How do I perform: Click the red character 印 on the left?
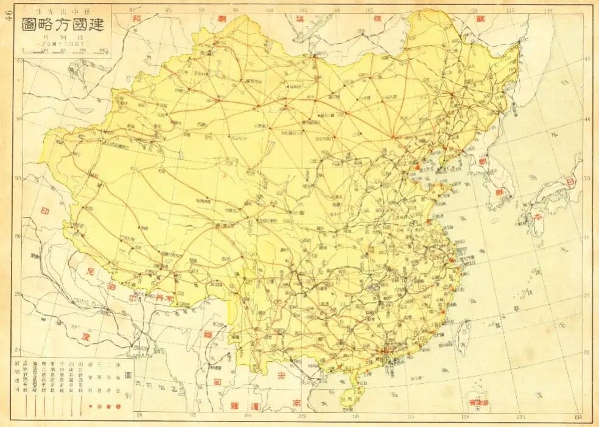coord(44,213)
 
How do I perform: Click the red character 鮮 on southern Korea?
coord(505,191)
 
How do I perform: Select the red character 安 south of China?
coord(281,376)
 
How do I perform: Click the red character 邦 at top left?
coord(137,19)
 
